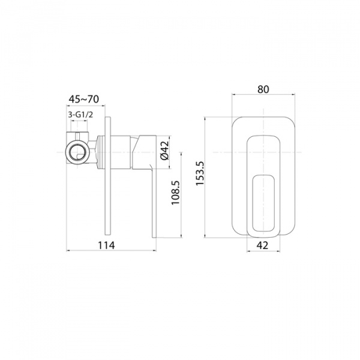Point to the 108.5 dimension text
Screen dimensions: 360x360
[176, 193]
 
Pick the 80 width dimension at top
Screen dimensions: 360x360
[262, 89]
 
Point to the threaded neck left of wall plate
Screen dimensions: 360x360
[100, 151]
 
